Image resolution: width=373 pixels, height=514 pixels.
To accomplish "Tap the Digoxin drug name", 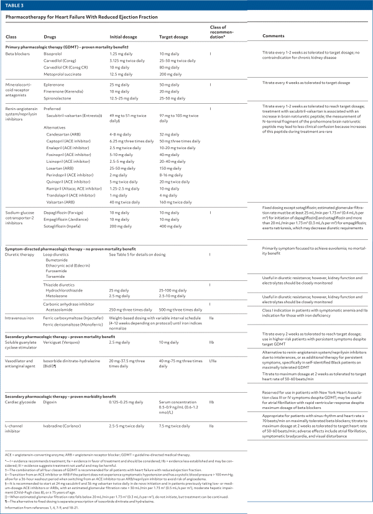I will click(52, 383).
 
